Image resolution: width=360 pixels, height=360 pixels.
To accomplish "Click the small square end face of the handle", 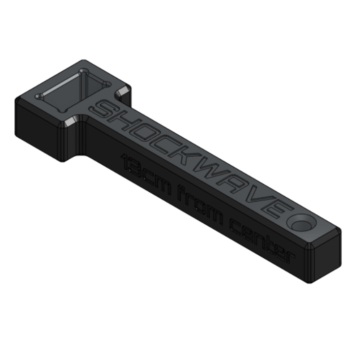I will point(325,259).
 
